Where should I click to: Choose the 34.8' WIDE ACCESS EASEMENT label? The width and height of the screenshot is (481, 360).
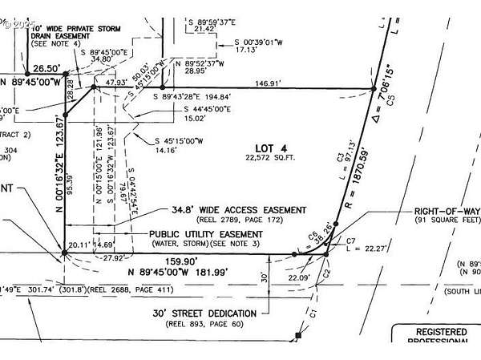point(239,209)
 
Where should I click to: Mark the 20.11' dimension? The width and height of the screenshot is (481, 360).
point(79,245)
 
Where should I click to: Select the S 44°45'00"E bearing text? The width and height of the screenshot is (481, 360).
point(207,109)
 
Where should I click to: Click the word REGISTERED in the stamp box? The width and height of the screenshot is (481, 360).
point(440,331)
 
